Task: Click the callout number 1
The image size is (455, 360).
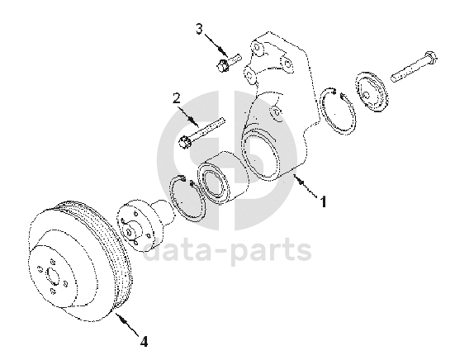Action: point(323,201)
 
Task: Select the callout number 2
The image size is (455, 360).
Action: point(177,98)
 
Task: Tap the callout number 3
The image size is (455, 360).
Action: point(199,29)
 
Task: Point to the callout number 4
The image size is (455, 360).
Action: point(144,341)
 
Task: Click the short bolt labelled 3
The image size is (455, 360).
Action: point(229,63)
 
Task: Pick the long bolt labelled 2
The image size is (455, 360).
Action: point(201,133)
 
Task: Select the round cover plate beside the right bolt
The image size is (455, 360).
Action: point(372,92)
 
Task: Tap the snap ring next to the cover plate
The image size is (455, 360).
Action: point(337,111)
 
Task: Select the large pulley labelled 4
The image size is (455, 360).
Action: point(80,261)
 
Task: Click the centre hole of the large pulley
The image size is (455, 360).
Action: point(53,276)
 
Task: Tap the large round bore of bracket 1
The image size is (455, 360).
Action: point(259,154)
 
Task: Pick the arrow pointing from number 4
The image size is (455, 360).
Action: point(128,324)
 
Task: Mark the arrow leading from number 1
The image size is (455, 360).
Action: point(306,187)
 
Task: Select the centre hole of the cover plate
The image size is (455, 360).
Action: point(367,95)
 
